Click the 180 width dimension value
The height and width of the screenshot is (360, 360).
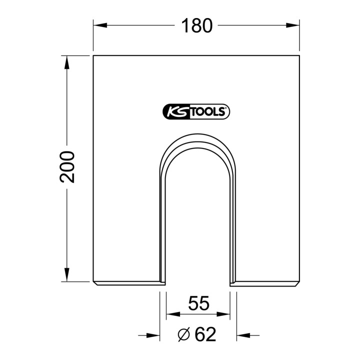point(197,25)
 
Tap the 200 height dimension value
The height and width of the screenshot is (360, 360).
point(67,167)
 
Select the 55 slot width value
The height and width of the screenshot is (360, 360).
point(199,303)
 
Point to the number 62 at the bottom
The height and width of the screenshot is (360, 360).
point(205,334)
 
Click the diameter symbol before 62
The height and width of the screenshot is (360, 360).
point(184,334)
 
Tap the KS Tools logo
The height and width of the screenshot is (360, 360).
point(196,111)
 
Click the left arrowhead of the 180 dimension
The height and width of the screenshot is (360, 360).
point(100,25)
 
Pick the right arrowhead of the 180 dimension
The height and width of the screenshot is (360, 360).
point(292,25)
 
